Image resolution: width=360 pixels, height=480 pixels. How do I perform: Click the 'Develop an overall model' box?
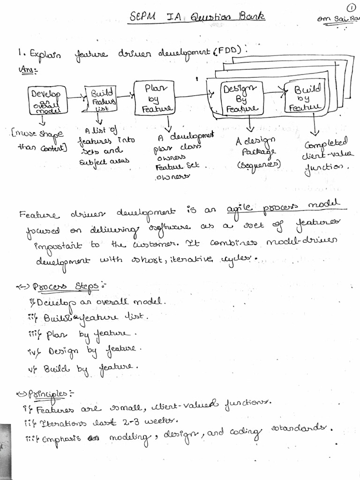pyautogui.click(x=47, y=100)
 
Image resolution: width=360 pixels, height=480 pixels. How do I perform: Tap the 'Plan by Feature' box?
pyautogui.click(x=153, y=97)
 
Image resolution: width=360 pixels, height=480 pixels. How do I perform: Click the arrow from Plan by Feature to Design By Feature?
pyautogui.click(x=190, y=96)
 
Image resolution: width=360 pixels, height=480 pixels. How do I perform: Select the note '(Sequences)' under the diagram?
pyautogui.click(x=259, y=165)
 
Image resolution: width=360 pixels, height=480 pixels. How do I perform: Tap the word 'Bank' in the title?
pyautogui.click(x=251, y=17)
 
